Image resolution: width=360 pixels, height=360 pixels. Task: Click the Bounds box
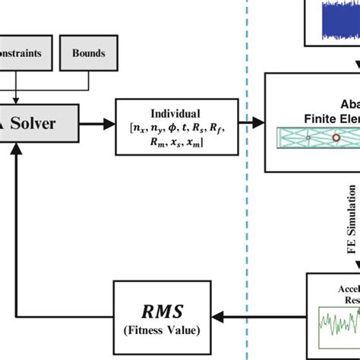(x=89, y=54)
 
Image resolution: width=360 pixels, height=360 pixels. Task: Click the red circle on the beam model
(x=336, y=137)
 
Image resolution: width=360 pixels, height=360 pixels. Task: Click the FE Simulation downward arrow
(x=357, y=228)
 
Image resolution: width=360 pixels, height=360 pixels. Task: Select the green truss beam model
(x=311, y=137)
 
